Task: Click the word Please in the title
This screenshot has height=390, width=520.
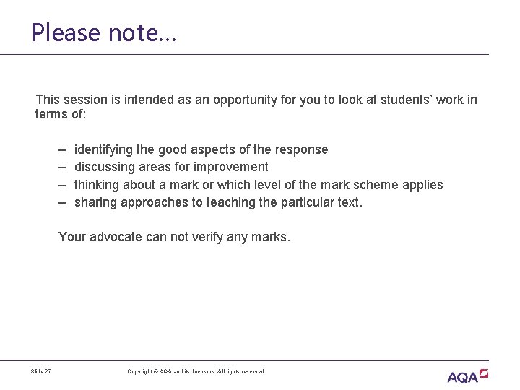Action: [65, 33]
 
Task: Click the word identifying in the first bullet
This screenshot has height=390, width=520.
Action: [104, 150]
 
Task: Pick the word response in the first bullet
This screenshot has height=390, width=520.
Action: [301, 150]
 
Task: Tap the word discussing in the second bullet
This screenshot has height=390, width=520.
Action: [104, 168]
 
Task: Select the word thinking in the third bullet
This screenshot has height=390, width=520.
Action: [97, 185]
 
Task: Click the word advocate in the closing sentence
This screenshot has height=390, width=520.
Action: [116, 237]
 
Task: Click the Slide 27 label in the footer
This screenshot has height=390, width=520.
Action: [41, 372]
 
